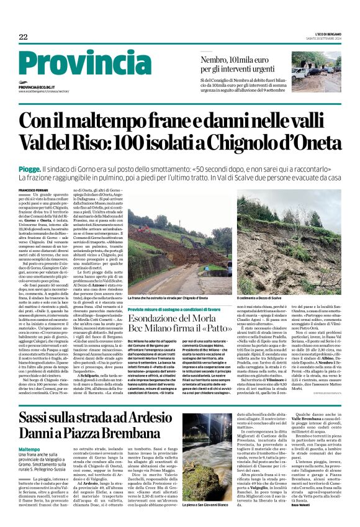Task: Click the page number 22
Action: point(24,37)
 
